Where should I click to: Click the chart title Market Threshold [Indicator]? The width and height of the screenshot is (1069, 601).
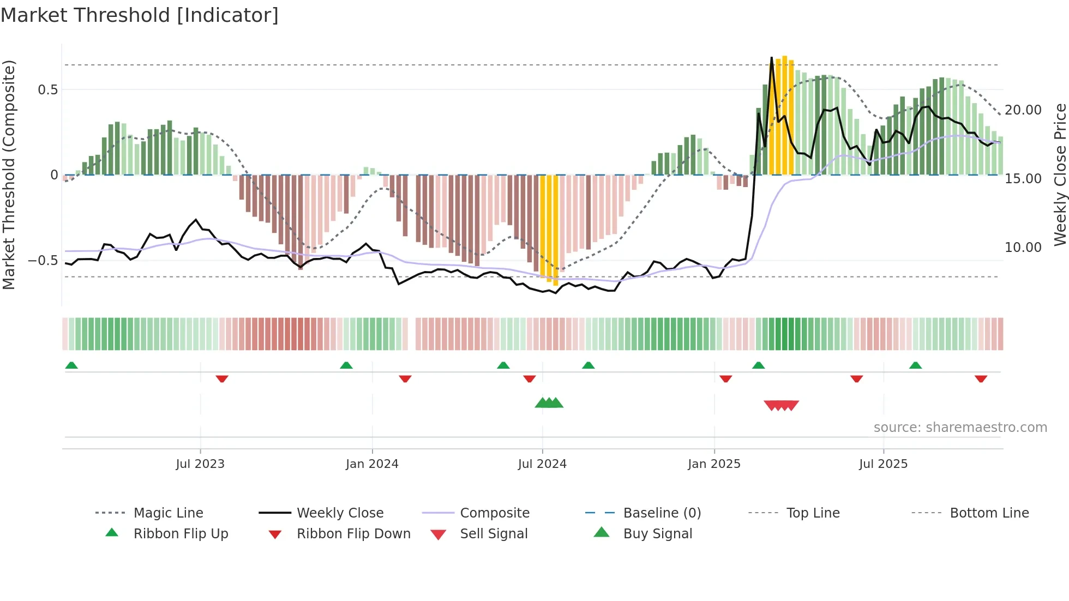coord(140,15)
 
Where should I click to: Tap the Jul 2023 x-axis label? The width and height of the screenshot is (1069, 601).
coord(200,464)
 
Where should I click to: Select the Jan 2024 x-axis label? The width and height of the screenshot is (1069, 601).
coord(372,464)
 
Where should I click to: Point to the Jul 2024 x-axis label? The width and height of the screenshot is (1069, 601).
coord(542,464)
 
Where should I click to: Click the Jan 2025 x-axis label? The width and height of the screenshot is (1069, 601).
coord(714,464)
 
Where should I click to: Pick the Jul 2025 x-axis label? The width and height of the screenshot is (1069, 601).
coord(883,464)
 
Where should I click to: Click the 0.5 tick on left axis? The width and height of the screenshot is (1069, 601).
coord(47,89)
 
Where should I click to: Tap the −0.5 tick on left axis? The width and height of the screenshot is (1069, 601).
coord(43,261)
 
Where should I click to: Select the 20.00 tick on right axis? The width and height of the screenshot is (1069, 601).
coord(1023,110)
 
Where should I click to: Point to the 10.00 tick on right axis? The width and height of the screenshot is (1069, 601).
coord(1023,248)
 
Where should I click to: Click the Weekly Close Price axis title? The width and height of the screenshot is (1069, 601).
coord(1060,175)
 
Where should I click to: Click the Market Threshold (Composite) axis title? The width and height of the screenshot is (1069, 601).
coord(9,175)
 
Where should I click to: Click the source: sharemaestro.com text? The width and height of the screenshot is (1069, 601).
coord(960,428)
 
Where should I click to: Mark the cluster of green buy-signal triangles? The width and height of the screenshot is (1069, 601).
coord(549,403)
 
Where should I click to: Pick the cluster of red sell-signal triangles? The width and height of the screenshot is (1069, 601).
coord(781,405)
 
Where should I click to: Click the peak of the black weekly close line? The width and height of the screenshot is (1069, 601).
coord(771,57)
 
